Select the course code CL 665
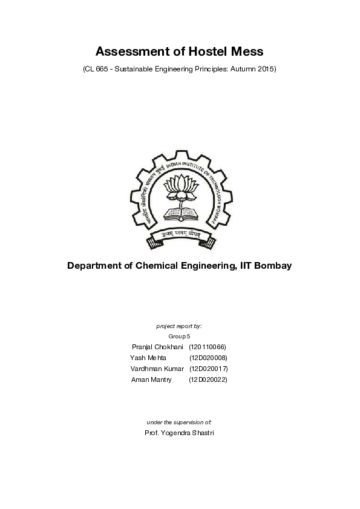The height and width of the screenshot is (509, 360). point(98,69)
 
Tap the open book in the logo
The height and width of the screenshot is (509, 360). point(180,214)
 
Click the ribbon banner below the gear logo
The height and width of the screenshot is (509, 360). point(180,235)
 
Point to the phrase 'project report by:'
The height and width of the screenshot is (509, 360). point(179,326)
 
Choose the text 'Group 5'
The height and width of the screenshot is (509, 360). point(179,336)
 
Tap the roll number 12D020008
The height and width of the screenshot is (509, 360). point(208,358)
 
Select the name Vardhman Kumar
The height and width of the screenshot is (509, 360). point(157,369)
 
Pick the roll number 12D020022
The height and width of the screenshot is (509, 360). point(208,379)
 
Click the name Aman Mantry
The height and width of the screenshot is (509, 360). point(151,379)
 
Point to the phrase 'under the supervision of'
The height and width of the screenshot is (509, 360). point(179,422)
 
